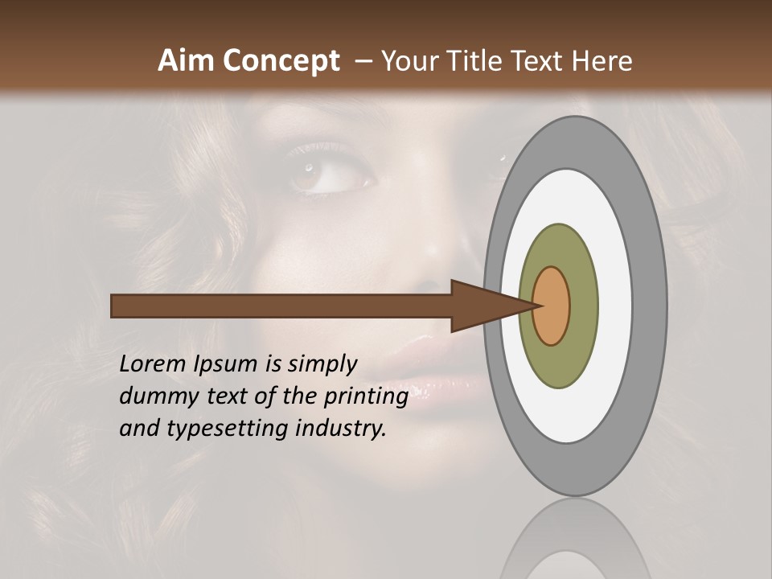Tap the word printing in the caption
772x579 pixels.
[x=366, y=397]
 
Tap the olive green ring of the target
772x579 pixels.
[x=581, y=306]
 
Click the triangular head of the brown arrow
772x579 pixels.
[x=482, y=306]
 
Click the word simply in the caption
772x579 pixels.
[x=322, y=365]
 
